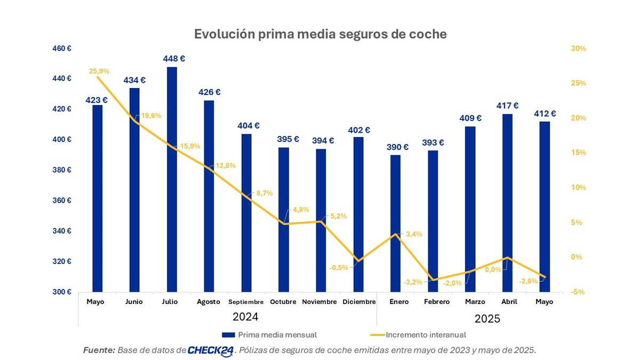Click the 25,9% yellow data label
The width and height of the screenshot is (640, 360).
(99, 70)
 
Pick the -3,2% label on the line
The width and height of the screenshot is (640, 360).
(413, 282)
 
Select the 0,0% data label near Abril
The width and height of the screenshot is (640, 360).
(493, 269)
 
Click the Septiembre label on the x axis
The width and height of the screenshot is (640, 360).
(246, 302)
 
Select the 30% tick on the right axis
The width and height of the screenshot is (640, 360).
(578, 49)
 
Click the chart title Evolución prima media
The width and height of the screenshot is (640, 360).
(320, 34)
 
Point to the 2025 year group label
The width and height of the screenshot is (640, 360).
(487, 319)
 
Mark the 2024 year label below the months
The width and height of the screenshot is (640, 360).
(245, 317)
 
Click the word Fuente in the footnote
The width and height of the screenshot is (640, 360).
(99, 350)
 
